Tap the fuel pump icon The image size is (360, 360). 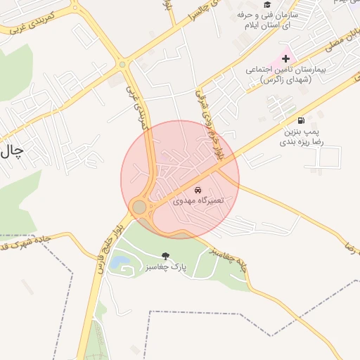301,121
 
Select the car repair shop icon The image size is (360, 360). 198,191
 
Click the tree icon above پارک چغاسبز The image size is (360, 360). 165,257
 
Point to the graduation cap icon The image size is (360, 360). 266,4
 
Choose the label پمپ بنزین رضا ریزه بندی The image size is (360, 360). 301,136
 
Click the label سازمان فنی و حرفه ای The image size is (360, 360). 269,20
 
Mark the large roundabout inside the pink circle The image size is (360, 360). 139,207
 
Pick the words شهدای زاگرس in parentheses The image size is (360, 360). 279,80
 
